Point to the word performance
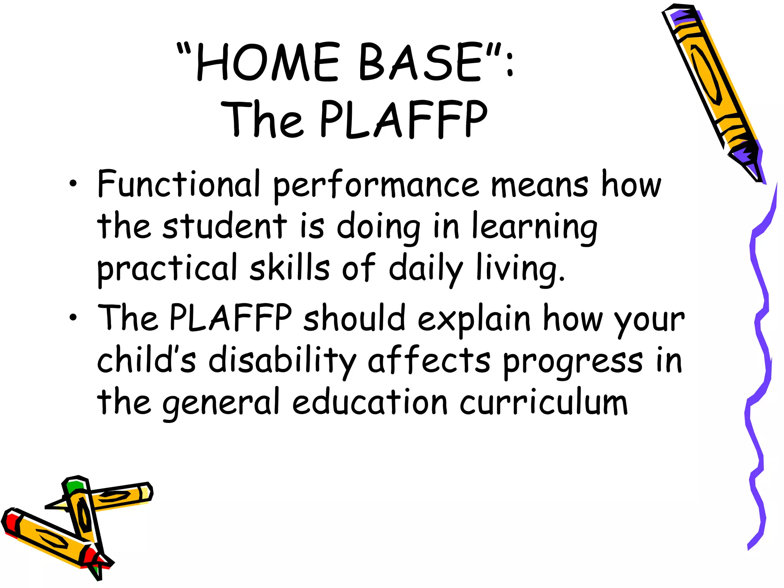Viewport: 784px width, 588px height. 376,186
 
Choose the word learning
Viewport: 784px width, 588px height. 534,228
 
